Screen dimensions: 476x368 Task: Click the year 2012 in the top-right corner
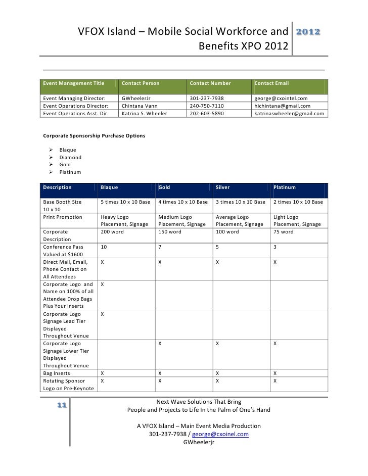[307, 32]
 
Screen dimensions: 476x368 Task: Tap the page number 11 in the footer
[63, 405]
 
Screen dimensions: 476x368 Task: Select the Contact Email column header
[271, 83]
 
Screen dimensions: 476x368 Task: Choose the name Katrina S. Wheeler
[144, 114]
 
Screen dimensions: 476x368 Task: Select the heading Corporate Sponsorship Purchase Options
[94, 136]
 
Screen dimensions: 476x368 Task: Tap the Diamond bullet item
[70, 157]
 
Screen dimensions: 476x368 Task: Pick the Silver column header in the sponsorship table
[222, 187]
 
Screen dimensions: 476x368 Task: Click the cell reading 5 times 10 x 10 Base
[125, 202]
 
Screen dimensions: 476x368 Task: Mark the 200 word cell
[112, 232]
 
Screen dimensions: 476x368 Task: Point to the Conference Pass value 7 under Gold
[160, 247]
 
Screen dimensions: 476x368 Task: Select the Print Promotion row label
[63, 217]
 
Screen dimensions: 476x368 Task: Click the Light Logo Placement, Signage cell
[297, 220]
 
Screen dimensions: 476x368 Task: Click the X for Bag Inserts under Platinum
[275, 373]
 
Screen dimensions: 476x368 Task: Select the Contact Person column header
[141, 83]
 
